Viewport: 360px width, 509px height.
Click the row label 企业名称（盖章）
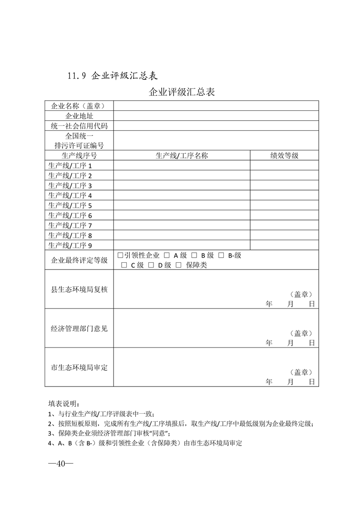(x=79, y=106)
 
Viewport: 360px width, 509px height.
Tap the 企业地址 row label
(x=79, y=116)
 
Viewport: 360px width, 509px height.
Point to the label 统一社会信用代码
(x=79, y=126)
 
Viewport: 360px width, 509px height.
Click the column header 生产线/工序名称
(x=182, y=156)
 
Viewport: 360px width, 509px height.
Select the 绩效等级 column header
(x=284, y=156)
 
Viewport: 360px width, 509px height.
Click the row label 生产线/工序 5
(x=70, y=206)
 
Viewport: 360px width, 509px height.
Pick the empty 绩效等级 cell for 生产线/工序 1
(x=284, y=166)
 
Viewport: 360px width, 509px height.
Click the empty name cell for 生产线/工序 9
(x=182, y=245)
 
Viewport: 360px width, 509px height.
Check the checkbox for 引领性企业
(x=120, y=255)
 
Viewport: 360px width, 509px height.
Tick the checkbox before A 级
(x=167, y=255)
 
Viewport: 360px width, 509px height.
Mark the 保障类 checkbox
(x=178, y=265)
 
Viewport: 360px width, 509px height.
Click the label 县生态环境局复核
(x=79, y=289)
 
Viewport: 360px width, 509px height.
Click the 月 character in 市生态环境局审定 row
(x=291, y=382)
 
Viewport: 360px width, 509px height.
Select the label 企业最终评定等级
(x=79, y=260)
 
